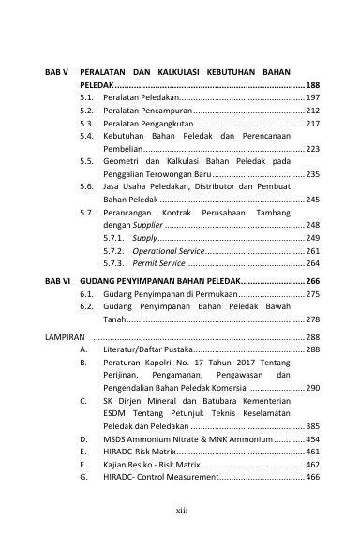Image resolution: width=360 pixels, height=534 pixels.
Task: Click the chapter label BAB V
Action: (58, 71)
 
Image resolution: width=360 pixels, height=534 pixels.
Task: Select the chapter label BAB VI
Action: (59, 280)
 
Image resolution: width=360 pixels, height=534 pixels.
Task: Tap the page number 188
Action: (312, 84)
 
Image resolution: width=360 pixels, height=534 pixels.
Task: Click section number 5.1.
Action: (86, 97)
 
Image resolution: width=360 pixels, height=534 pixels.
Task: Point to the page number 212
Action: (312, 111)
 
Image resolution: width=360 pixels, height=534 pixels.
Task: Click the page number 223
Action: (312, 149)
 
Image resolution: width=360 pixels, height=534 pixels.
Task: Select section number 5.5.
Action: (86, 161)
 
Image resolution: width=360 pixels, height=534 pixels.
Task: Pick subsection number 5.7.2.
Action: (114, 251)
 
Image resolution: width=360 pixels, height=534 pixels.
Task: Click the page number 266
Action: (312, 280)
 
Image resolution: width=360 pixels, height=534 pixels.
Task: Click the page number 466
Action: (312, 477)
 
